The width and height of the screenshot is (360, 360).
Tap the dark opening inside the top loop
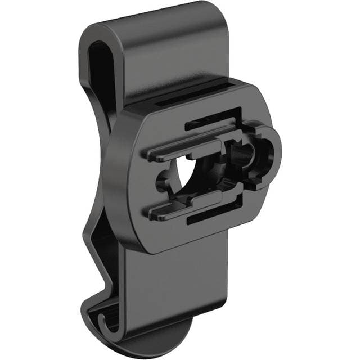click(x=101, y=73)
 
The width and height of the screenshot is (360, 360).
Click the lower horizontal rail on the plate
click(x=186, y=209)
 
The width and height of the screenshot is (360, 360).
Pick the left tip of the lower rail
click(x=153, y=213)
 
